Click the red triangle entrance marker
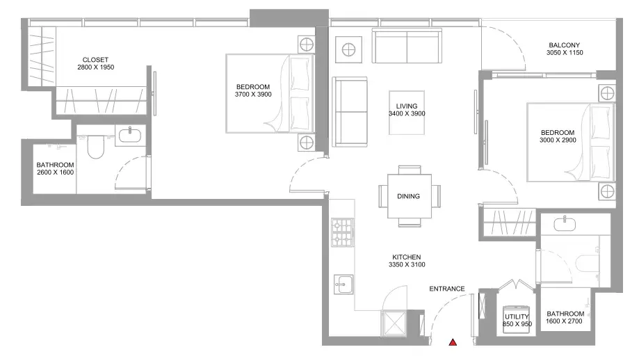click(453, 342)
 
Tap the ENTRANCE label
click(446, 289)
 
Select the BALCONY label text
click(565, 45)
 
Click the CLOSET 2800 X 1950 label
click(95, 63)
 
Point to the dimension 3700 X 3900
click(253, 95)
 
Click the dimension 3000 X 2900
click(558, 141)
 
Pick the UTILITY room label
click(517, 316)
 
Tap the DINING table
click(409, 196)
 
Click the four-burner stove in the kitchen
click(342, 232)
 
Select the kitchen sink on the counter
click(343, 284)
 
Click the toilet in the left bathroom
click(96, 146)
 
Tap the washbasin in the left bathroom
click(130, 135)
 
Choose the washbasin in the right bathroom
click(565, 224)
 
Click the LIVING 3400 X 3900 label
click(407, 110)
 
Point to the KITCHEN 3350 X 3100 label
click(407, 261)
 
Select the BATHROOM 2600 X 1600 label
click(55, 169)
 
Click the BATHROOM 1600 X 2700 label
click(565, 317)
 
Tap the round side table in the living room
click(348, 49)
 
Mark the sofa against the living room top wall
click(407, 46)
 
